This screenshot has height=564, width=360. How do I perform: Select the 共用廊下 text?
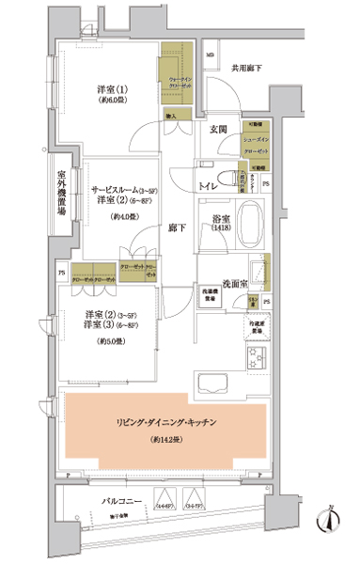[248, 69]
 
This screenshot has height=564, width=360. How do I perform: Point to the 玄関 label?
[217, 129]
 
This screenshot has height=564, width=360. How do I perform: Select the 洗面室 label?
[235, 283]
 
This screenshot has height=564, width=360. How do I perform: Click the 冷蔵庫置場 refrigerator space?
[257, 327]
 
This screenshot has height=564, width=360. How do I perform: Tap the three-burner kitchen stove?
[257, 358]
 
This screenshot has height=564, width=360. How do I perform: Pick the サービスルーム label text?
[116, 189]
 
